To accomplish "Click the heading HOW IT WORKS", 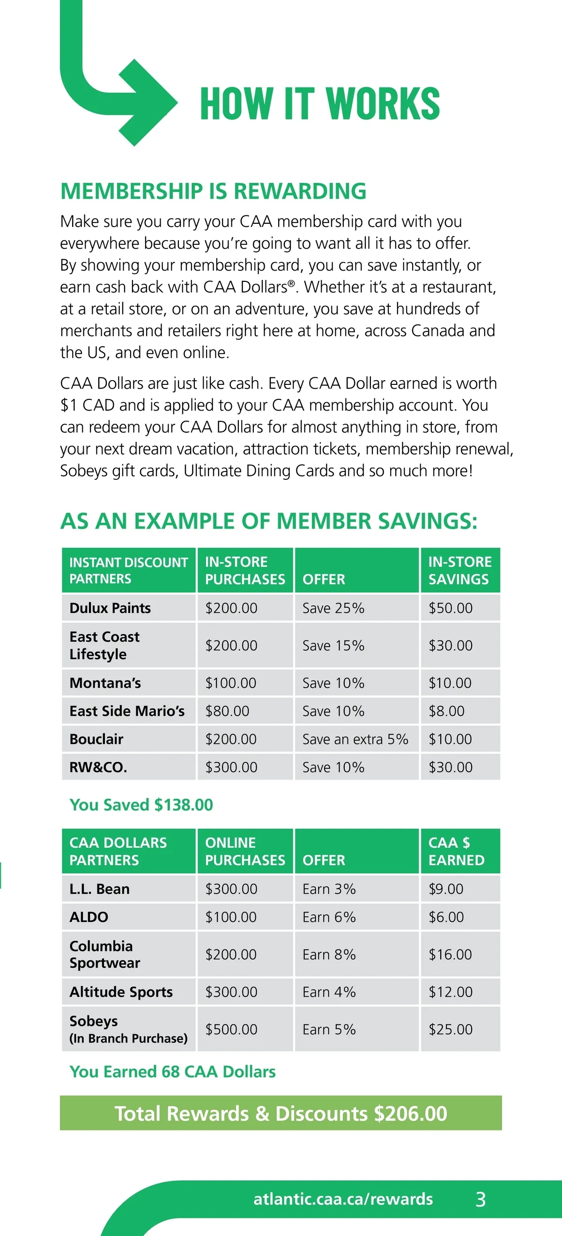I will [x=319, y=103].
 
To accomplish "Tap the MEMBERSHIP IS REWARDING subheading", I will [x=213, y=191].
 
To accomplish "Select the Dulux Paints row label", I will [x=111, y=608].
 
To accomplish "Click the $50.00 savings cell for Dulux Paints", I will [x=450, y=608].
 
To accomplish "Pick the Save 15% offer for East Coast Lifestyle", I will [x=333, y=645].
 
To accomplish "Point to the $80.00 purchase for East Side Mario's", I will [x=228, y=711].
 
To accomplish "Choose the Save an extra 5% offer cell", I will [x=355, y=739].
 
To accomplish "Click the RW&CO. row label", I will [x=98, y=767].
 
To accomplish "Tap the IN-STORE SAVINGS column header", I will [x=460, y=570].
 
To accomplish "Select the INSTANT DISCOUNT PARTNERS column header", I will [x=129, y=570].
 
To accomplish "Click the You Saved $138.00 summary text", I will [x=141, y=805].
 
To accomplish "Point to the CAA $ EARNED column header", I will [x=456, y=851].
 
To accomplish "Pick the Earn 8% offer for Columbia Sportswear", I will [x=329, y=954].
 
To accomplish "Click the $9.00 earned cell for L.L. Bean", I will [x=446, y=889].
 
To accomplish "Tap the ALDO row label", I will [x=89, y=917].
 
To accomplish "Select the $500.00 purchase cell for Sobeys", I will [x=231, y=1029].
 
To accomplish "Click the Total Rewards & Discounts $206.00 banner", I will [x=281, y=1113].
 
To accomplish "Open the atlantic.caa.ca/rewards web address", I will [x=343, y=1199].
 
